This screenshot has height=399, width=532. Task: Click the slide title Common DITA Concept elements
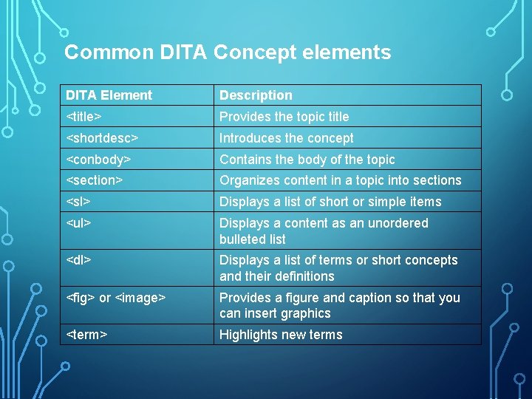pos(228,52)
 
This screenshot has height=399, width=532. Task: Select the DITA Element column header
pos(109,95)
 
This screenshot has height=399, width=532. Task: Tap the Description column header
pos(256,95)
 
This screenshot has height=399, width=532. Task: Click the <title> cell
pos(84,117)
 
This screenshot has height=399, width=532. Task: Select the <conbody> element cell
pos(98,160)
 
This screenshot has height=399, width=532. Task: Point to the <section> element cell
pos(95,180)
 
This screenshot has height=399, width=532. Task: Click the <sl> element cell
pos(78,202)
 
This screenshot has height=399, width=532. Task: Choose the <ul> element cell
pos(78,223)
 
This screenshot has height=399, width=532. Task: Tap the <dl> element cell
pos(78,260)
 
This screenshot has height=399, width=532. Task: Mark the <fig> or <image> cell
pos(116,298)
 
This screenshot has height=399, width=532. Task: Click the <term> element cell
pos(87,335)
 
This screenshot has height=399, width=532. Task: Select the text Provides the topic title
pos(284,117)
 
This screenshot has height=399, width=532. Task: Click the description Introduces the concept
pos(286,138)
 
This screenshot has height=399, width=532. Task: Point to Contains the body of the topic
pos(307,160)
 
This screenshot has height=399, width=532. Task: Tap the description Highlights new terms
pos(281,335)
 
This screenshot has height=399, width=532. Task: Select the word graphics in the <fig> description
pos(305,313)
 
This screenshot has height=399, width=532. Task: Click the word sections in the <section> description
pos(437,180)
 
